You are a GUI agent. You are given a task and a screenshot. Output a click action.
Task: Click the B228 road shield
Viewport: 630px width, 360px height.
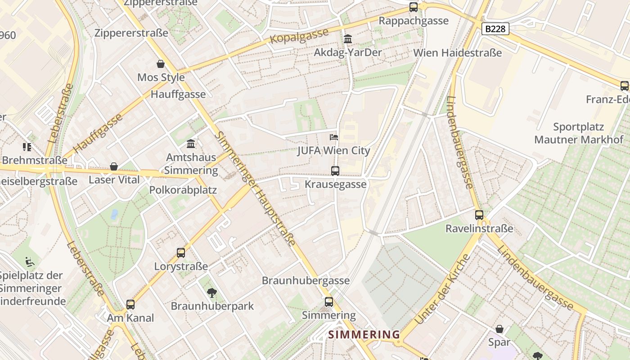click(495, 29)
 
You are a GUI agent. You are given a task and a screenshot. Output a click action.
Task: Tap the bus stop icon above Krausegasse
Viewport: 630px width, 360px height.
click(335, 171)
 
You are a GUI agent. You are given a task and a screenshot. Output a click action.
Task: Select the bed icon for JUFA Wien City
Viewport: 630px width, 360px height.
click(333, 137)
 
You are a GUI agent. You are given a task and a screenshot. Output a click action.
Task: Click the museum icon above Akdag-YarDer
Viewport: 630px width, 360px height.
click(348, 39)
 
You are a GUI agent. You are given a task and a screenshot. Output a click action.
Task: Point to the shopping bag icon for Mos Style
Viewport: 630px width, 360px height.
click(161, 64)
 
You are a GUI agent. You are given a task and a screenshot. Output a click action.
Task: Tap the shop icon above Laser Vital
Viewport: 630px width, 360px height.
click(114, 166)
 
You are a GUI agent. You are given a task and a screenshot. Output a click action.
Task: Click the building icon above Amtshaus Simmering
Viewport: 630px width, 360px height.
click(191, 144)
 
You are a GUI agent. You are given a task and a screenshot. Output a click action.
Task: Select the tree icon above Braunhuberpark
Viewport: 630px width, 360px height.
click(211, 293)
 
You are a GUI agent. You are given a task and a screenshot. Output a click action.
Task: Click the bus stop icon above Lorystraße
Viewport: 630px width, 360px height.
click(181, 253)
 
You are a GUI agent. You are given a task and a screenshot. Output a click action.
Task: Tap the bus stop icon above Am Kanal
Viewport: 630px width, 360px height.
click(130, 305)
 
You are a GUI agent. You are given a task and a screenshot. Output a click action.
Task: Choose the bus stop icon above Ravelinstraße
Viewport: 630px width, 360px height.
click(479, 215)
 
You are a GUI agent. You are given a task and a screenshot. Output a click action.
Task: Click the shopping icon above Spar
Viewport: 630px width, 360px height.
click(499, 329)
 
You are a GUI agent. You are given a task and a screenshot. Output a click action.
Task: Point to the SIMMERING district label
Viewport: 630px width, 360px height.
click(364, 334)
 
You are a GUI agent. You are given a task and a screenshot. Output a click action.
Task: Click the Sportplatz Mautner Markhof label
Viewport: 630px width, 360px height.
click(579, 133)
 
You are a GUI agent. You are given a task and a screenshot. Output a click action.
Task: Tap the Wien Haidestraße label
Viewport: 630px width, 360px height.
click(457, 53)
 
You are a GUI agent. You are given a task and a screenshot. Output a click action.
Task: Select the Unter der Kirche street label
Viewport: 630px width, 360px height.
click(442, 289)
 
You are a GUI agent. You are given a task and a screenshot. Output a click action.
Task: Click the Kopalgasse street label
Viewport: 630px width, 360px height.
click(299, 36)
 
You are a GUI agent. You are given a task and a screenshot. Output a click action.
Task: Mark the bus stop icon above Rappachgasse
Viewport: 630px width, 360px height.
click(414, 7)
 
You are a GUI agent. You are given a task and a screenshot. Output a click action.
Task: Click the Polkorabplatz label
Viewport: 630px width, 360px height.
click(183, 190)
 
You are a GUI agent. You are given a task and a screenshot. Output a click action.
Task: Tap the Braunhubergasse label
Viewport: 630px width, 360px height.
click(306, 280)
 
